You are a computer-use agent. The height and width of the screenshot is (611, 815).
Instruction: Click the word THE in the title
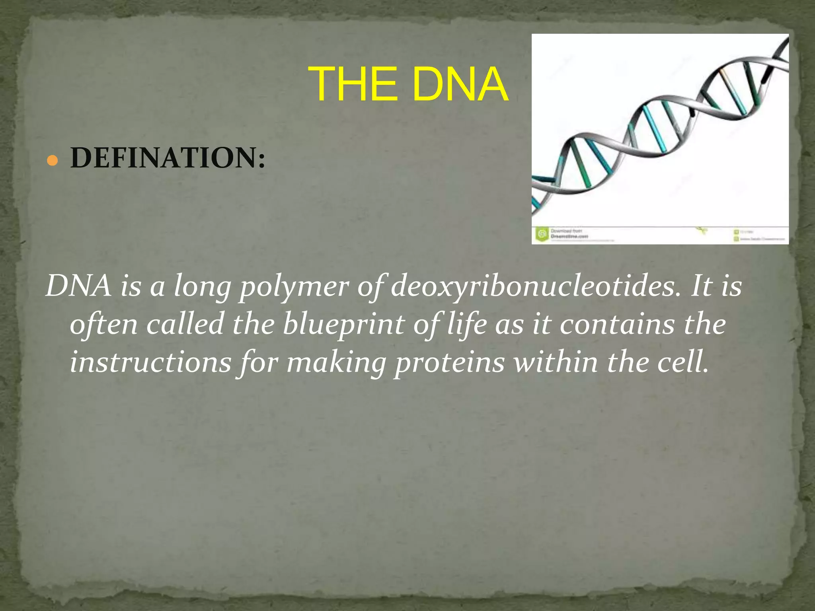353,85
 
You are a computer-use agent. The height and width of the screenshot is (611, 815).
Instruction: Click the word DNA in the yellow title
460,85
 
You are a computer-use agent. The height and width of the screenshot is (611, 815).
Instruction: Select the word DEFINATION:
168,158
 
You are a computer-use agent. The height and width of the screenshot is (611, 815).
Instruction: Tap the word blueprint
343,325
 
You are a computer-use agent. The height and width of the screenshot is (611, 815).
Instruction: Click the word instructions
150,362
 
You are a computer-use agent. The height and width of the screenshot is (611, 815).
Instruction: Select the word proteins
449,363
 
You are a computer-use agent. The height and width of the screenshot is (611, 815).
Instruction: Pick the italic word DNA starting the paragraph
78,286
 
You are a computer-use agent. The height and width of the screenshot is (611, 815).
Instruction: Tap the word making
336,363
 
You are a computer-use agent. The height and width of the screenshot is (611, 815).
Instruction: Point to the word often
104,325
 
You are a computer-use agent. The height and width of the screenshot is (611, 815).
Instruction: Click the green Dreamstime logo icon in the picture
542,234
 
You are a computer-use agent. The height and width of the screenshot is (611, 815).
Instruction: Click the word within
555,362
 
